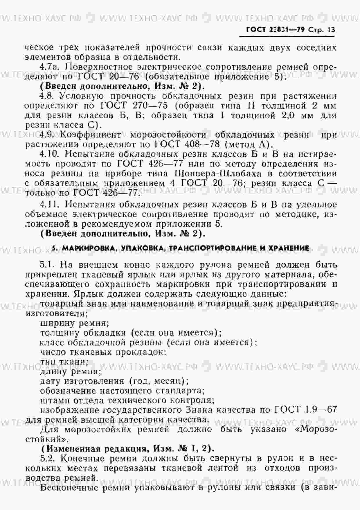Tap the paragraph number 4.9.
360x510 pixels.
47,135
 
